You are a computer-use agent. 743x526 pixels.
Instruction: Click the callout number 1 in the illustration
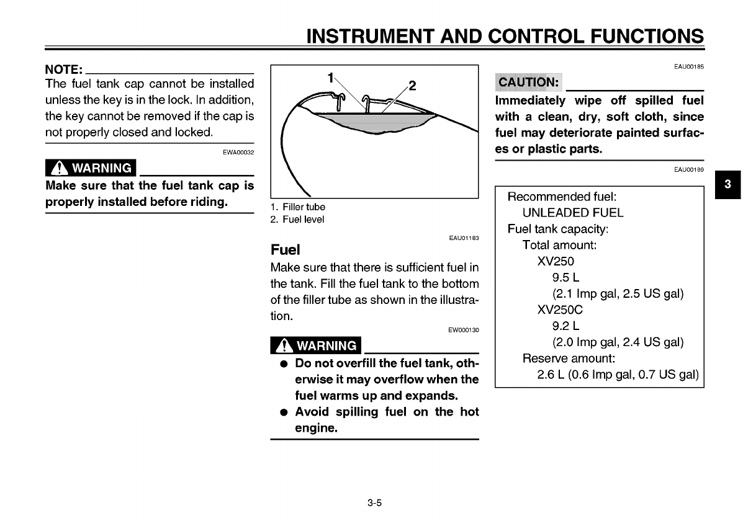(x=331, y=78)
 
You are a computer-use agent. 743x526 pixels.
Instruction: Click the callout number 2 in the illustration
(x=412, y=86)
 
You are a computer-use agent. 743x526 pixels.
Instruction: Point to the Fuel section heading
(x=285, y=250)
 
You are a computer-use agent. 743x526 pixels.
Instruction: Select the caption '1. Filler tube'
(x=297, y=207)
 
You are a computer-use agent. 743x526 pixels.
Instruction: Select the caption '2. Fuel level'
(x=297, y=220)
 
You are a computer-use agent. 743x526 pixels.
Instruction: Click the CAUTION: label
(x=529, y=82)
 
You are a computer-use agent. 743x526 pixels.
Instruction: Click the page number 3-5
(x=374, y=503)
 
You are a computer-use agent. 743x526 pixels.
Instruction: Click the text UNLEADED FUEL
(x=564, y=213)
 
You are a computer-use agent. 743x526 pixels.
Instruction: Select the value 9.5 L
(x=565, y=277)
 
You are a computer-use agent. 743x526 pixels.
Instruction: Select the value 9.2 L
(x=565, y=326)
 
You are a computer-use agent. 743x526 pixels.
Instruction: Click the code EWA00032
(x=238, y=152)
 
